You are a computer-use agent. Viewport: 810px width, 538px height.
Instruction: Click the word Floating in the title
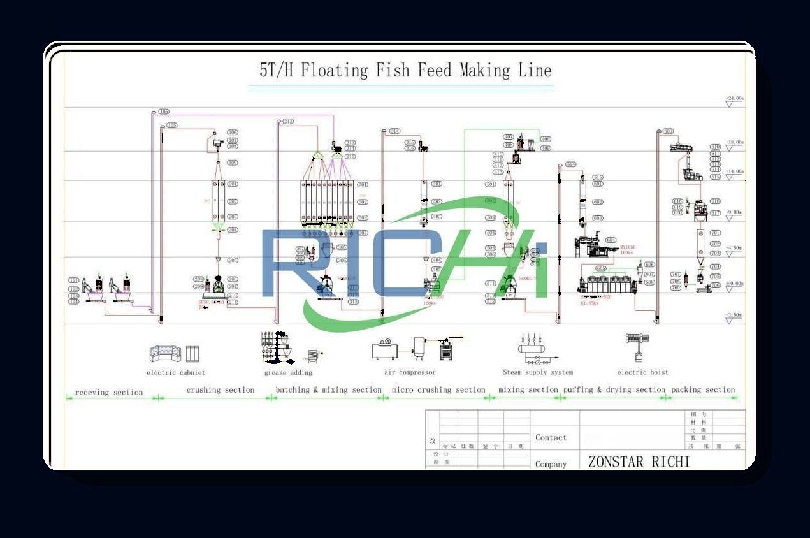[x=335, y=70]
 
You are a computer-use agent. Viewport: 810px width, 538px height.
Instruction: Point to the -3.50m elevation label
[x=734, y=315]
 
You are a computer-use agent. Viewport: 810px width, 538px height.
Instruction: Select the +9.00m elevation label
[x=734, y=212]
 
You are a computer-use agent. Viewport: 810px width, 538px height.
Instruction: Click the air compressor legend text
[x=410, y=372]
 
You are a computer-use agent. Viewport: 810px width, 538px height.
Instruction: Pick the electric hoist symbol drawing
[x=637, y=347]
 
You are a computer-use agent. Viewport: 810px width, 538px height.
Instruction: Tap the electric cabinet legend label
[x=176, y=372]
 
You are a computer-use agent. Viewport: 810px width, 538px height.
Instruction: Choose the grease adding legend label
[x=288, y=372]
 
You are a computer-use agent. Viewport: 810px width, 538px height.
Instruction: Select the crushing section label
[x=221, y=389]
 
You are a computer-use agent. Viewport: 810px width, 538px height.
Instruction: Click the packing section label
[x=703, y=389]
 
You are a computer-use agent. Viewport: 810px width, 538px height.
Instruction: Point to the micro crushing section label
[x=438, y=389]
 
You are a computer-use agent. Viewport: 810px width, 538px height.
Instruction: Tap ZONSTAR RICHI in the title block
[x=639, y=462]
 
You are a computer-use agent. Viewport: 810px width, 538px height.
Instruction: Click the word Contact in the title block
[x=551, y=437]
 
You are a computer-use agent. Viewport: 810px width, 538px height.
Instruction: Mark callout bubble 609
[x=668, y=131]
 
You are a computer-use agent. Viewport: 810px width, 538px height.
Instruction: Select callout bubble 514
[x=570, y=164]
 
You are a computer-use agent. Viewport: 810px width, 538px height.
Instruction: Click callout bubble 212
[x=288, y=121]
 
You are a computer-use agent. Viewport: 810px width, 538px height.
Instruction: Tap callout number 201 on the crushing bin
[x=233, y=184]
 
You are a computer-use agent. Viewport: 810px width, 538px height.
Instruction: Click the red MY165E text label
[x=628, y=247]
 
